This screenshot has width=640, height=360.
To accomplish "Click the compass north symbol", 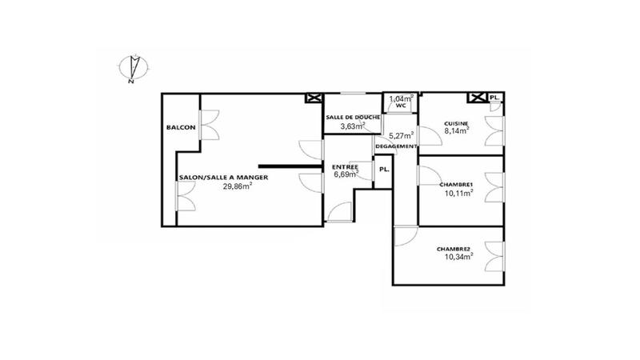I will (x=132, y=67).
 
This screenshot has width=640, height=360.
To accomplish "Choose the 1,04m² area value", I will (x=401, y=98).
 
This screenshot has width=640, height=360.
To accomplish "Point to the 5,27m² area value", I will (x=401, y=135).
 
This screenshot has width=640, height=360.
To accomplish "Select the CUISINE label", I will (x=457, y=122).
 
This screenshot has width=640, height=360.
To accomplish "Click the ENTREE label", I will (x=346, y=166).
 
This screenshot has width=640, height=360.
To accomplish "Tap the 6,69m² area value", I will (x=346, y=174).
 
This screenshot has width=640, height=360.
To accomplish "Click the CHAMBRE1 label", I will (x=456, y=184).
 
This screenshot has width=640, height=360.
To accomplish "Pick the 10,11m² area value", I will (x=458, y=192).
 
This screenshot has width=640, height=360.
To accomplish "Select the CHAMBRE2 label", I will (x=453, y=249).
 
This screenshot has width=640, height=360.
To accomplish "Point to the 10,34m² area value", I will (x=458, y=257).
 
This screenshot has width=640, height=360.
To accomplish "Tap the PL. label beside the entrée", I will (x=384, y=169).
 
